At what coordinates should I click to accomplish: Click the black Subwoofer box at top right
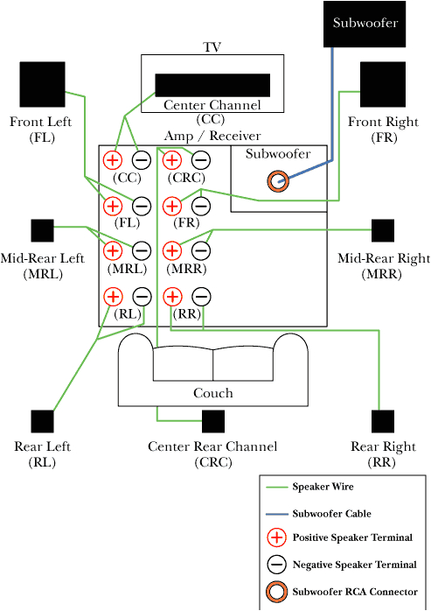coord(365,24)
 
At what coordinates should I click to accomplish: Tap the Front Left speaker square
coord(41,84)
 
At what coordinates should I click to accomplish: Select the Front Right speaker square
coord(382,84)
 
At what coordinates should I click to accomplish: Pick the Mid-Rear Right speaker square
coord(383,230)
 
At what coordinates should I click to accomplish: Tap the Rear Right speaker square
coord(383,421)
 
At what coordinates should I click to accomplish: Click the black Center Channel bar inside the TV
coord(212,84)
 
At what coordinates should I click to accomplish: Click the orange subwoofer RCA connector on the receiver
coord(278,181)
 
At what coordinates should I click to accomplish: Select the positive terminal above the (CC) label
coord(113,160)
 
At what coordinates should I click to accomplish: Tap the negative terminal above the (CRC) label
coord(200,160)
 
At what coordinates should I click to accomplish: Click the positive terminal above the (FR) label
coord(172,206)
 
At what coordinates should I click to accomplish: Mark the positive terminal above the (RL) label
coord(113,297)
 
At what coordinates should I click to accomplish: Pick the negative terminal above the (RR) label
coord(200,297)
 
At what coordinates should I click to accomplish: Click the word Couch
coord(212,393)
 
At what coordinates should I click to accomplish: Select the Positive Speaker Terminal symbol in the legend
coord(277,537)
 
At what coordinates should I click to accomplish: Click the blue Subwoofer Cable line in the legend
coord(277,514)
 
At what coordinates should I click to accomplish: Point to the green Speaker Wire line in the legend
coord(277,487)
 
